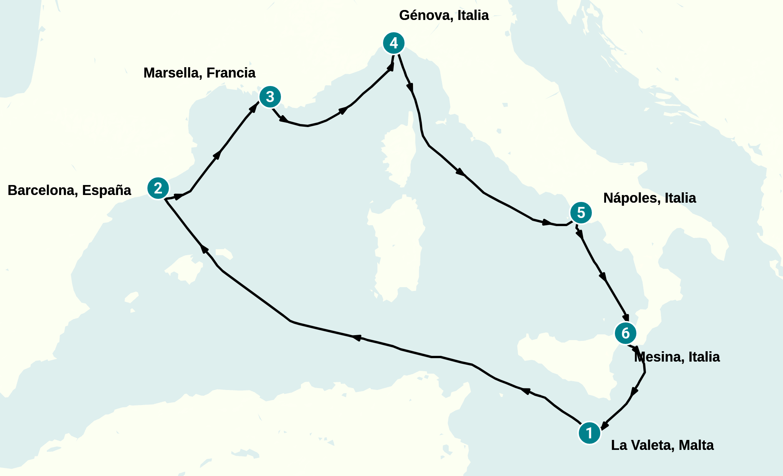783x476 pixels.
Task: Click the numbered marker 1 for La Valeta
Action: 589,433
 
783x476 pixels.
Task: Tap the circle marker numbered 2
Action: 158,188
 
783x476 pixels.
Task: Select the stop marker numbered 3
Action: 270,97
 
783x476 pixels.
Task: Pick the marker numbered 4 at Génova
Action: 394,43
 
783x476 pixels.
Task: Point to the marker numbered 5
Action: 581,213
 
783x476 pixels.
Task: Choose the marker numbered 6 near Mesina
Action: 626,333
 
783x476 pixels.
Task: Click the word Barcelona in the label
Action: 42,190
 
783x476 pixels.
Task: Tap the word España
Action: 107,190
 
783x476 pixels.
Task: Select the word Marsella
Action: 172,73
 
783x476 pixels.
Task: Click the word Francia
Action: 231,73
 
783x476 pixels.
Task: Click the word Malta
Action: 696,445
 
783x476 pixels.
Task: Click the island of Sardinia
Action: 397,250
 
